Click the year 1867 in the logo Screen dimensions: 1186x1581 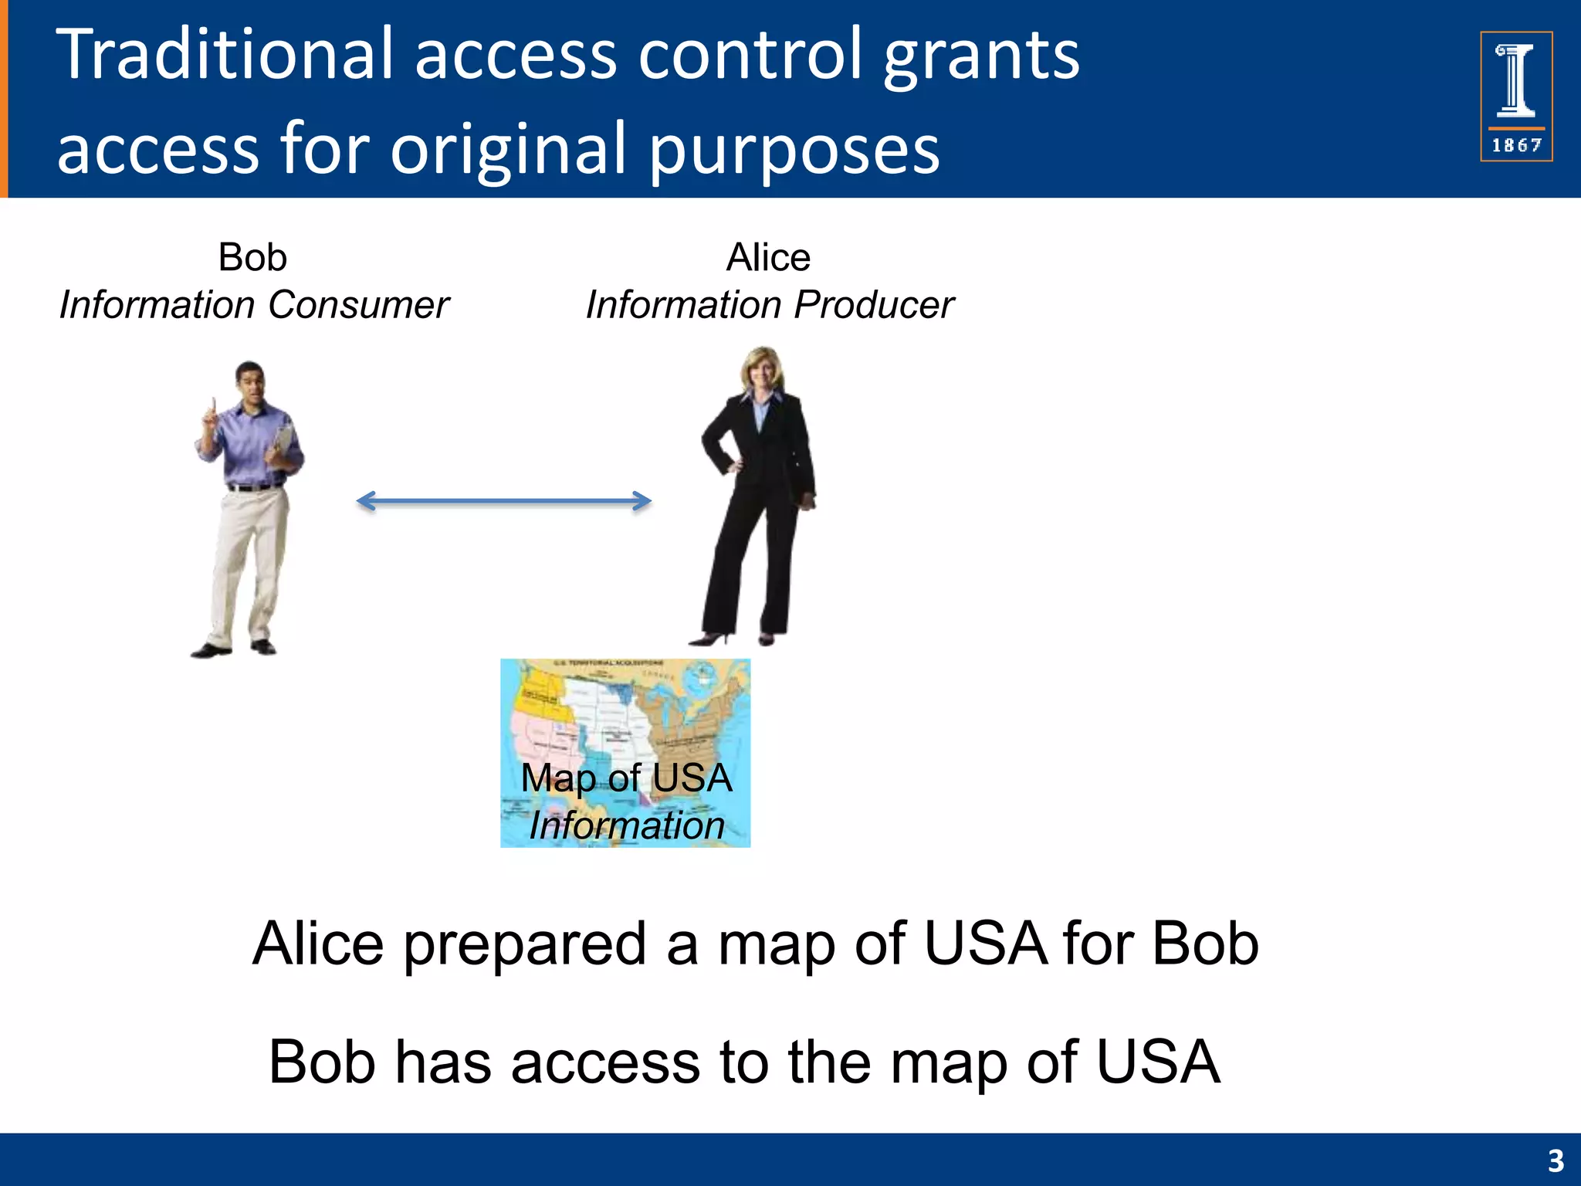pyautogui.click(x=1516, y=145)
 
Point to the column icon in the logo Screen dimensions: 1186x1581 pyautogui.click(x=1516, y=80)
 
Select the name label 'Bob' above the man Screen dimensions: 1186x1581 pyautogui.click(x=252, y=257)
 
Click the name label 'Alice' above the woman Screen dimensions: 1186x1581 pyautogui.click(x=768, y=257)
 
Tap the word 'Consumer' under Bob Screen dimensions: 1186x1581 pyautogui.click(x=358, y=305)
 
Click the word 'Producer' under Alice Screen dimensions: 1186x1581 pyautogui.click(x=873, y=305)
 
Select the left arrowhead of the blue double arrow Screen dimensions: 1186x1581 pyautogui.click(x=365, y=501)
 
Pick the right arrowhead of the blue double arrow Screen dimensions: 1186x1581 pyautogui.click(x=642, y=501)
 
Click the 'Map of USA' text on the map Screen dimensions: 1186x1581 pyautogui.click(x=626, y=778)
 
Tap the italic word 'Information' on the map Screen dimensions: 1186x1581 pyautogui.click(x=626, y=825)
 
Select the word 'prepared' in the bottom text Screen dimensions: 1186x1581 pyautogui.click(x=525, y=945)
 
